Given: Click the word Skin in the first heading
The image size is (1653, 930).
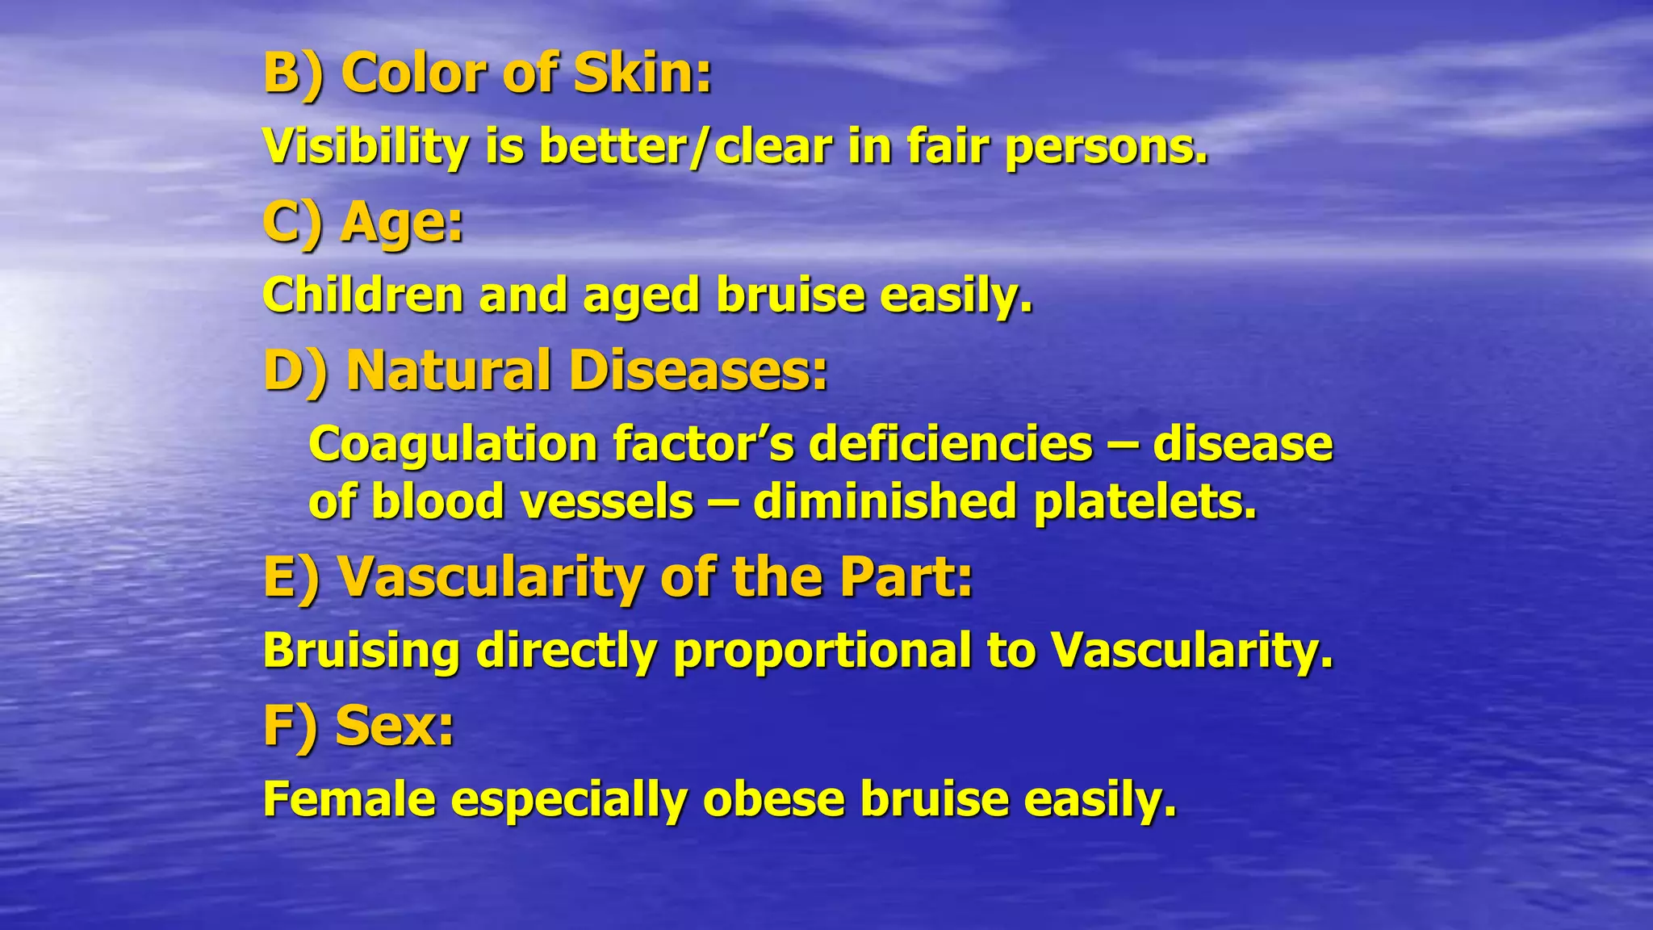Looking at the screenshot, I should [642, 73].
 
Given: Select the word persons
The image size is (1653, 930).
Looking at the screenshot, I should [1106, 147].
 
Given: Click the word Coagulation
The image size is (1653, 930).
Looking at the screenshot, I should [453, 444].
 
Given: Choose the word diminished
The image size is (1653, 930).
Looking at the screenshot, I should [884, 501].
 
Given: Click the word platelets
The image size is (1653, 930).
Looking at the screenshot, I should [1145, 501].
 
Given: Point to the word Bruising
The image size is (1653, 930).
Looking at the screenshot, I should [361, 651].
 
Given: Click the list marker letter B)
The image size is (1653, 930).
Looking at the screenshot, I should [293, 73].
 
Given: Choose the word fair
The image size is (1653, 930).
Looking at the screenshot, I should [948, 147].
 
